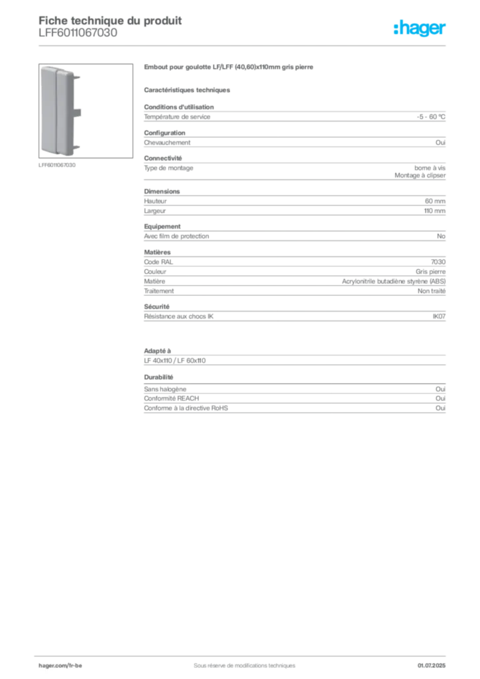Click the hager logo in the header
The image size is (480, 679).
419,28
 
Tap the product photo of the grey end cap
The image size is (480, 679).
86,111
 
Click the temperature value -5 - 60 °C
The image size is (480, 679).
431,117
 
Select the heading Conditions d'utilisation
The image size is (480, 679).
179,107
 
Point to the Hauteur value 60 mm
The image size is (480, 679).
435,201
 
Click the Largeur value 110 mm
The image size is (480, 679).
434,211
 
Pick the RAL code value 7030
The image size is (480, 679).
438,262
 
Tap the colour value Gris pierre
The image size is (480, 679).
431,272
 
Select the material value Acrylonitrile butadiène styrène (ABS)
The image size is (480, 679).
394,281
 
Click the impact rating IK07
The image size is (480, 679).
439,316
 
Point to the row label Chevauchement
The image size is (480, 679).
167,143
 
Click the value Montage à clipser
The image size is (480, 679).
420,175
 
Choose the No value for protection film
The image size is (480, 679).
441,237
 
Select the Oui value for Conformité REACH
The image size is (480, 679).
441,399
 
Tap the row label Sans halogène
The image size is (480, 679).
165,389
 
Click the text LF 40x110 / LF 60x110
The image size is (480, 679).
175,361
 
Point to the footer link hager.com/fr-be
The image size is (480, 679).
60,666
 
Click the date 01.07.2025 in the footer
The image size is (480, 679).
432,666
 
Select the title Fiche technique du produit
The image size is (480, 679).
110,21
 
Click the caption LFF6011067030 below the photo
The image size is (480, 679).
57,165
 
